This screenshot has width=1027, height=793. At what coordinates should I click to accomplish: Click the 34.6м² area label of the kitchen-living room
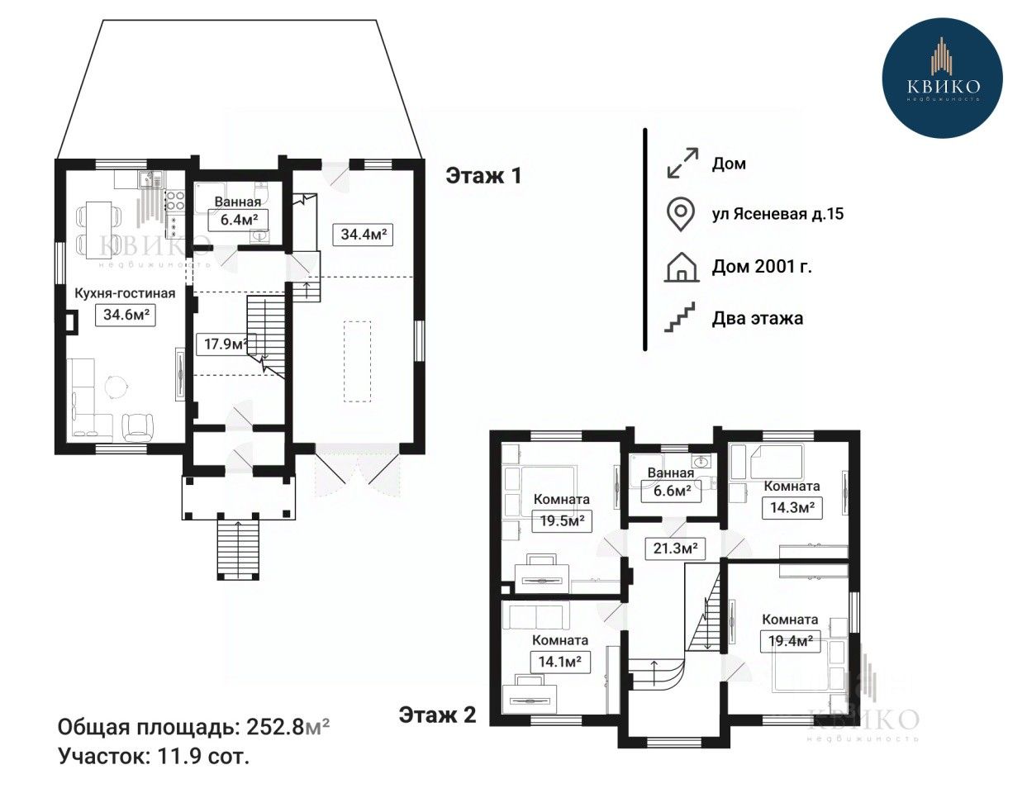(x=126, y=315)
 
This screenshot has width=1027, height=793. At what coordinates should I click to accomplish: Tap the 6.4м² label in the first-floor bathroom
(x=238, y=220)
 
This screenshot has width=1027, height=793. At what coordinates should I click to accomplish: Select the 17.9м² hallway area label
(x=223, y=344)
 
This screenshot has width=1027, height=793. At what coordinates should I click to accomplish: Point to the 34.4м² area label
(x=363, y=235)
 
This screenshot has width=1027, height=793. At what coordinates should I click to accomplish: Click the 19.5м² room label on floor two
(x=562, y=521)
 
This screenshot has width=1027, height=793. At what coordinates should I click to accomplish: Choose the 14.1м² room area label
(x=560, y=662)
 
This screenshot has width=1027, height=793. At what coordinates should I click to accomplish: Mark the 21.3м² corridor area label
(x=675, y=548)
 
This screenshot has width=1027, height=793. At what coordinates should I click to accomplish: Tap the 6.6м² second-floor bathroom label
(x=671, y=491)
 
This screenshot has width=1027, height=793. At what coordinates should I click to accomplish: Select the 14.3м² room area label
(x=792, y=508)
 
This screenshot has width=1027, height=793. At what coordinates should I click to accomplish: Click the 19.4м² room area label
(x=790, y=641)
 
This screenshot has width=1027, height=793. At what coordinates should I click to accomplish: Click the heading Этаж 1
(x=483, y=176)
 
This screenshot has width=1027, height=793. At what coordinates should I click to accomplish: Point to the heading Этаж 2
(x=437, y=715)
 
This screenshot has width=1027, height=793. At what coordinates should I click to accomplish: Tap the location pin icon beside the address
(x=681, y=215)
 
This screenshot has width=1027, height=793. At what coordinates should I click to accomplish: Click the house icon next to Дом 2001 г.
(x=682, y=268)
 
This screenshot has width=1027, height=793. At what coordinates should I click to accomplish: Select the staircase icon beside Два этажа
(x=680, y=317)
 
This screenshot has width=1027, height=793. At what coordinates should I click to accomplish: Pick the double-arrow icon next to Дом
(x=682, y=163)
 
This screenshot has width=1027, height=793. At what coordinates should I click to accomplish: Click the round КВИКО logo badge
(x=943, y=78)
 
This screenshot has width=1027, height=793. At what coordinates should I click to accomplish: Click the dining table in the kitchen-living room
(x=99, y=230)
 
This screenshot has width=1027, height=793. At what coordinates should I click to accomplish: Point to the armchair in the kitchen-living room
(x=138, y=428)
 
